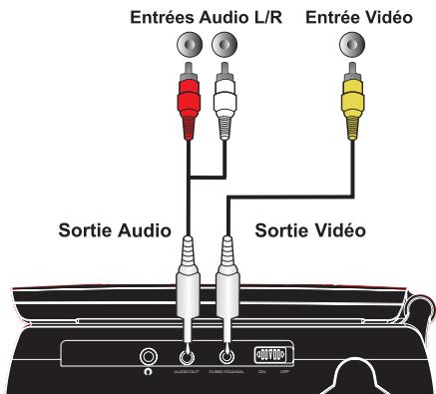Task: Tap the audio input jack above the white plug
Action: coord(225,47)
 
